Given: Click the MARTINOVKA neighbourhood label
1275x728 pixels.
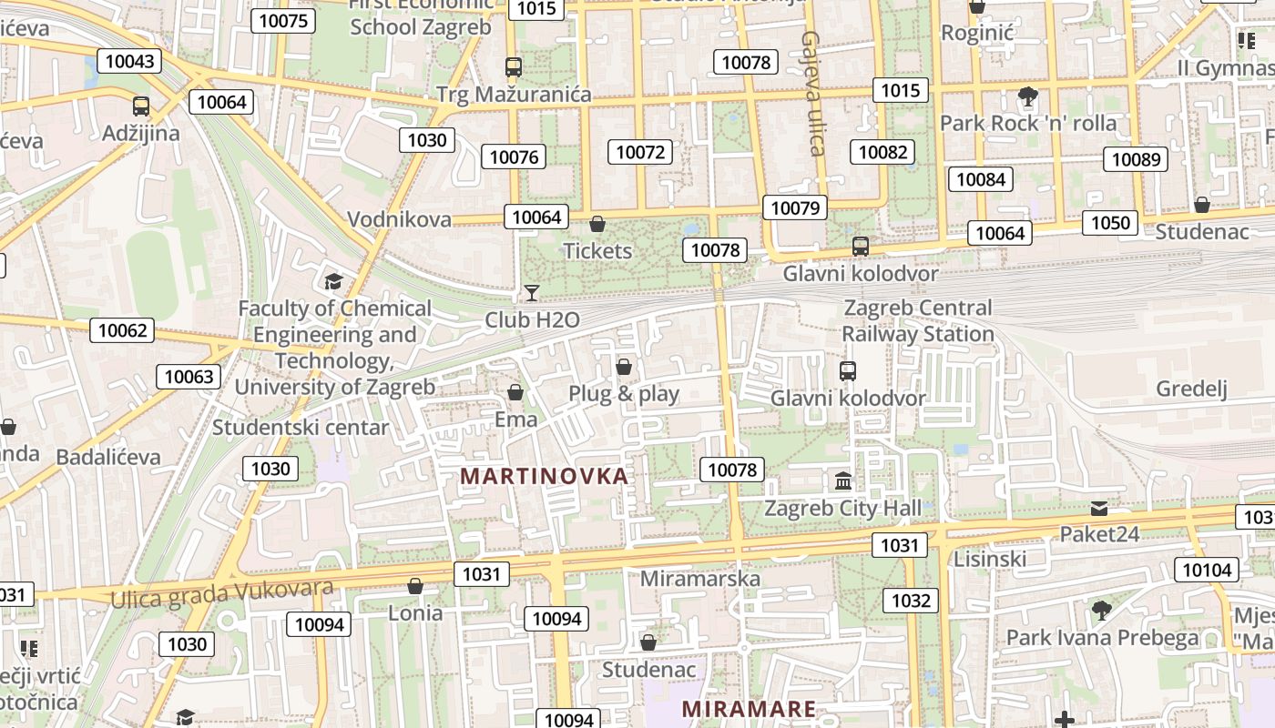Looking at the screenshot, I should pyautogui.click(x=544, y=476).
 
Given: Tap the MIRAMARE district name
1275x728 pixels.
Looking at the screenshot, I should pyautogui.click(x=748, y=708).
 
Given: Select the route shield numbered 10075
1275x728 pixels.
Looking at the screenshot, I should pyautogui.click(x=283, y=21).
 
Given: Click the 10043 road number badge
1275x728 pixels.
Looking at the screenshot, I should pyautogui.click(x=129, y=61).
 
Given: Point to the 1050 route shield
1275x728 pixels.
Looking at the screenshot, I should pyautogui.click(x=1110, y=223).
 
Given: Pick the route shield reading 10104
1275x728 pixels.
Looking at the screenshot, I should pyautogui.click(x=1207, y=571).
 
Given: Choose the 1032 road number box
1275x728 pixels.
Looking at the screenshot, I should pyautogui.click(x=911, y=600).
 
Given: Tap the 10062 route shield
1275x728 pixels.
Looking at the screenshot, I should pyautogui.click(x=122, y=330).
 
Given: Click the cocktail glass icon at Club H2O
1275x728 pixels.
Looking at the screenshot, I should pyautogui.click(x=532, y=292).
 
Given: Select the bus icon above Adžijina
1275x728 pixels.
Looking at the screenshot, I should pyautogui.click(x=140, y=106).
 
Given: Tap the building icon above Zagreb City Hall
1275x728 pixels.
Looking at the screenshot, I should pyautogui.click(x=843, y=480).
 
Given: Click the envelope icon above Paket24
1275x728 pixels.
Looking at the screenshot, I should pyautogui.click(x=1099, y=508).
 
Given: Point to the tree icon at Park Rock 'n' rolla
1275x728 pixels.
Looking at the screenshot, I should pyautogui.click(x=1028, y=96).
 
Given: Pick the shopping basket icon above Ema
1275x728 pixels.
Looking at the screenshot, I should pyautogui.click(x=515, y=392).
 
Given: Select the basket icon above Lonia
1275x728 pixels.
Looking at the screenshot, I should pyautogui.click(x=415, y=586).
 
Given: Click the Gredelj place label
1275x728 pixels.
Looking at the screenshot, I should pyautogui.click(x=1191, y=389).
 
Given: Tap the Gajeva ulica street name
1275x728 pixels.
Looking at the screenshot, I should pyautogui.click(x=812, y=93).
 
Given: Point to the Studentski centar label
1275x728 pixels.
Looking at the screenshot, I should pyautogui.click(x=301, y=427).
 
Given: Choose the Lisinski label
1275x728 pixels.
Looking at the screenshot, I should pyautogui.click(x=990, y=559).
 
